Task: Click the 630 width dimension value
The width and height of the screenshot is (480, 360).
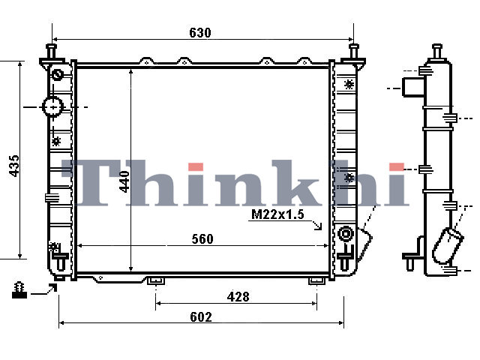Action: [x=200, y=33]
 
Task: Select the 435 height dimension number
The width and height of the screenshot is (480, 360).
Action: [x=14, y=166]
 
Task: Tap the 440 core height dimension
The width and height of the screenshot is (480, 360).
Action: [x=124, y=181]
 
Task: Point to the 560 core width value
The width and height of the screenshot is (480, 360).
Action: [x=202, y=239]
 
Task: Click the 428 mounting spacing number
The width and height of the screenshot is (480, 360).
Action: [x=238, y=297]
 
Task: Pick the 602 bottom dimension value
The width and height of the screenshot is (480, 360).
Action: [x=201, y=316]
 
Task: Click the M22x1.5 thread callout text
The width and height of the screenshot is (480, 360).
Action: [x=277, y=214]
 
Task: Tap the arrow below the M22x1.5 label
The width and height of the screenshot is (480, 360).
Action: [x=317, y=225]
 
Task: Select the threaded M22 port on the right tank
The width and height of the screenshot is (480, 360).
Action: [x=345, y=234]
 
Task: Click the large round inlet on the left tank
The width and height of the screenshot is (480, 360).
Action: [x=52, y=106]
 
